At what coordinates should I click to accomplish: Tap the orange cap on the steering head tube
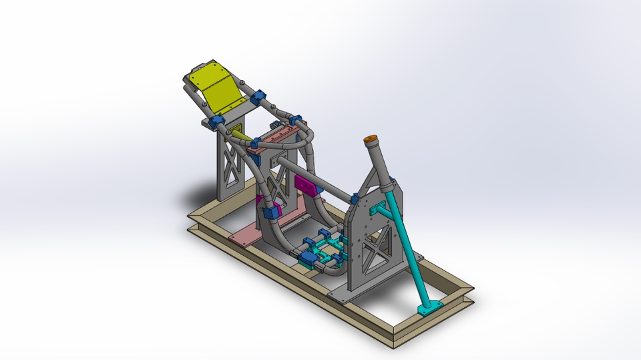tap(370, 141)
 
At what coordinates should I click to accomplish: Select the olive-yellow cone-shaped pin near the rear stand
tap(242, 136)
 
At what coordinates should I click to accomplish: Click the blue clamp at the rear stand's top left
tap(215, 123)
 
